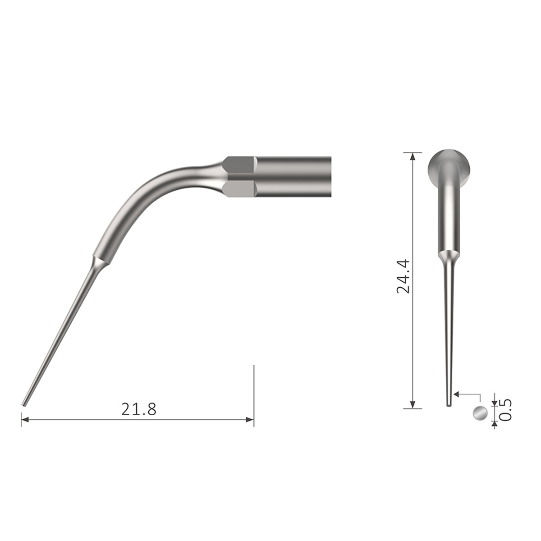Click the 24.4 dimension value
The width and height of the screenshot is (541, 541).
[x=403, y=276]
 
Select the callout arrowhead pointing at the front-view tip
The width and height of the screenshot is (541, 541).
[x=456, y=394]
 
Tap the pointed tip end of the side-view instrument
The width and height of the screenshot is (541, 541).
[x=23, y=405]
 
